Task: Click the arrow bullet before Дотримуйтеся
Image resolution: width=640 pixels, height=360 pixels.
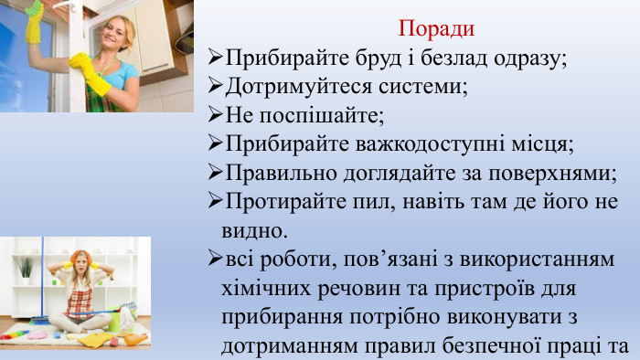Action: coord(216,88)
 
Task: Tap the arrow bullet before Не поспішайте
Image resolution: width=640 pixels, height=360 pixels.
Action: coord(216,116)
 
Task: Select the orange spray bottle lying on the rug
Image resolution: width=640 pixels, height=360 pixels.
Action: coord(135,338)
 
